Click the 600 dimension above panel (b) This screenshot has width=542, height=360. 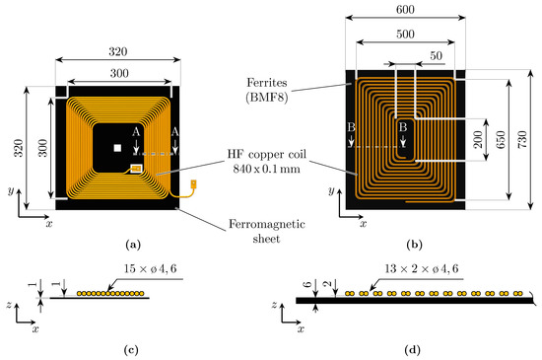pyautogui.click(x=404, y=9)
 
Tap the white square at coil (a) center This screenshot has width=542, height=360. pyautogui.click(x=117, y=147)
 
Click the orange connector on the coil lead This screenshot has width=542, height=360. pyautogui.click(x=191, y=184)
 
